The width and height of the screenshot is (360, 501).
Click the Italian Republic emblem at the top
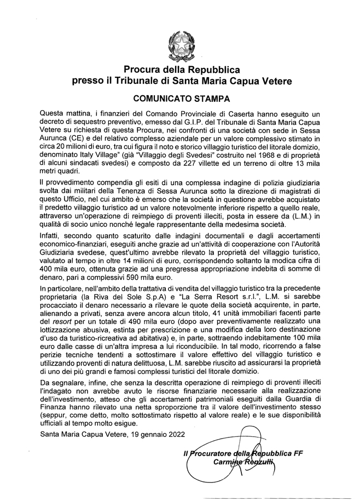pos(180,44)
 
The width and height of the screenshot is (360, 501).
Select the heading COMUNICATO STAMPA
pos(180,100)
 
